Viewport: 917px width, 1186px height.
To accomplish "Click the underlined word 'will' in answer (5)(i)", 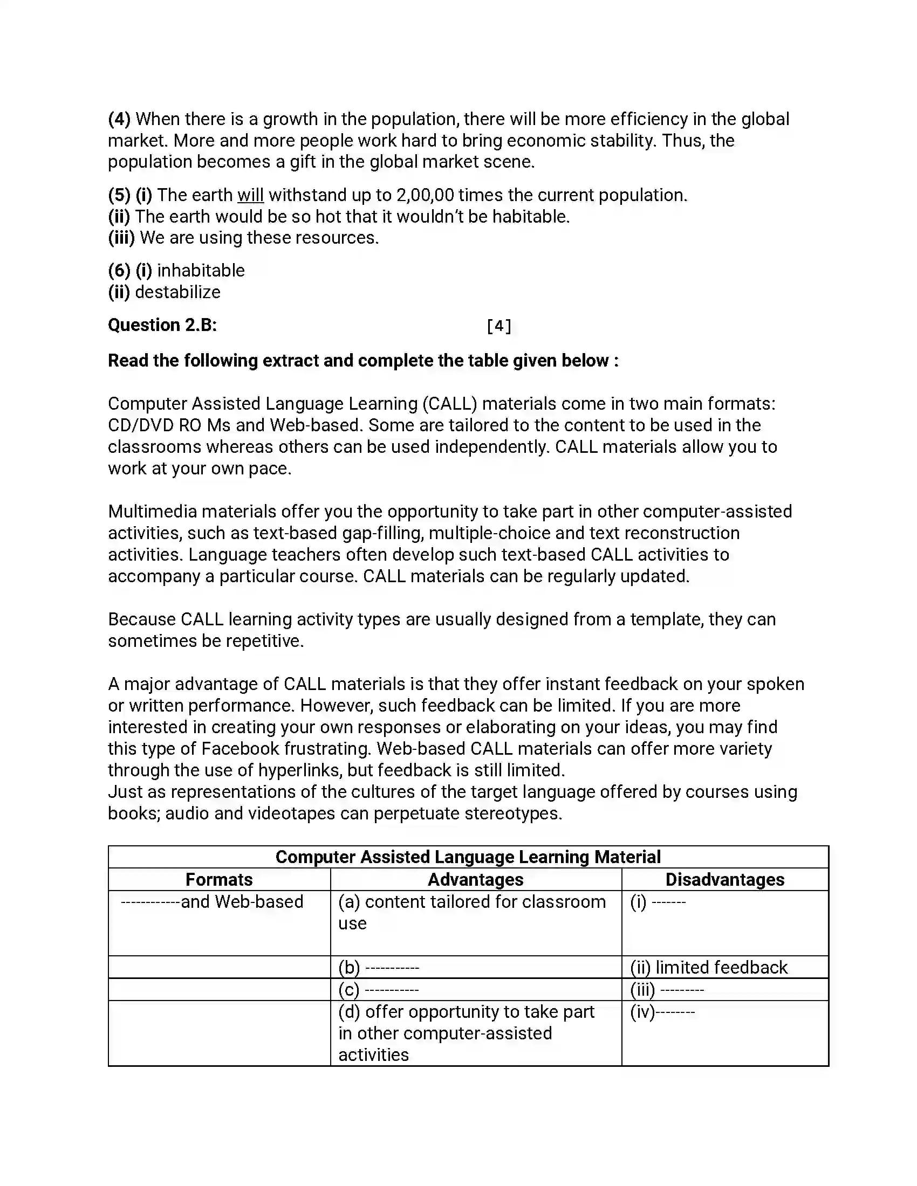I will [x=250, y=195].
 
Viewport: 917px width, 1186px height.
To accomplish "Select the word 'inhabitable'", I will [x=201, y=271].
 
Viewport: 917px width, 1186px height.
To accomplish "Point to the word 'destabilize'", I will [x=177, y=292].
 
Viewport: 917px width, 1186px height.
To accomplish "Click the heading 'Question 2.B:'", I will [x=162, y=325].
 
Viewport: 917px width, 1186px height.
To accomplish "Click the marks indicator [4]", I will [x=499, y=326].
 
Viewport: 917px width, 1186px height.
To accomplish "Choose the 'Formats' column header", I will [x=219, y=880].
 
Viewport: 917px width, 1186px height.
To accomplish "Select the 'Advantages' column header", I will [x=475, y=880].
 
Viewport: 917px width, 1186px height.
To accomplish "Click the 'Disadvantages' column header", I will [x=724, y=880].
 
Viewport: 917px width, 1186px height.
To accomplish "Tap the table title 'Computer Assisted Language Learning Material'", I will [x=468, y=857].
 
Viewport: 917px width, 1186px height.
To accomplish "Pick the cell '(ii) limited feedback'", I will [x=708, y=968].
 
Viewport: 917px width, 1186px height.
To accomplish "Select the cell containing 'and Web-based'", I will [x=213, y=902].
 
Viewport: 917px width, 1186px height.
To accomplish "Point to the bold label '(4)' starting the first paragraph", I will [x=119, y=119].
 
